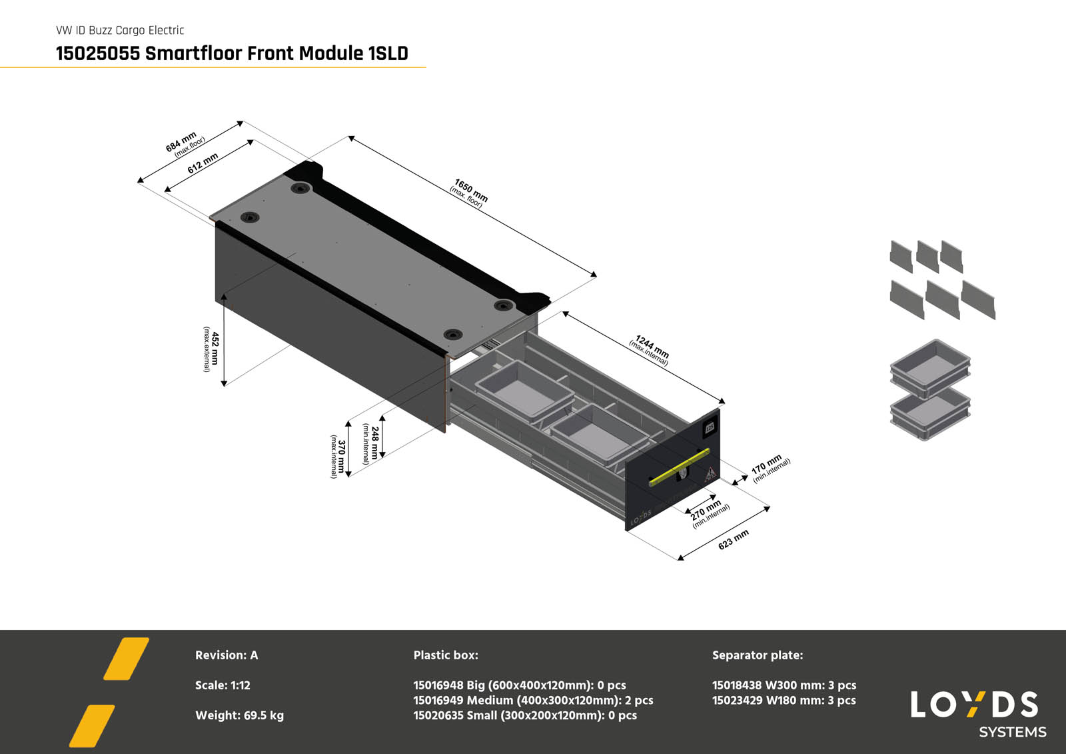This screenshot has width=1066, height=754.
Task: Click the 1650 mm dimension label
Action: tap(470, 191)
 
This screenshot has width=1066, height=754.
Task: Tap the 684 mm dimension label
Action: tap(181, 142)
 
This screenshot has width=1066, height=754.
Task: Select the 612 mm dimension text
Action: tap(203, 163)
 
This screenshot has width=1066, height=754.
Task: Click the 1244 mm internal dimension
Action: tap(652, 347)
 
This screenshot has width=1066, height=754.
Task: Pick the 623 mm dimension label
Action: tap(733, 539)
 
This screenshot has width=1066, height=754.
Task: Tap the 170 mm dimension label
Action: tap(767, 465)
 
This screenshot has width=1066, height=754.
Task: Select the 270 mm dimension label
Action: tap(706, 511)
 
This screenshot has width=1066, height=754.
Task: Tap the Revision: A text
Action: tap(227, 655)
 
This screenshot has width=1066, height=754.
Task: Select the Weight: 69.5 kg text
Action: tap(239, 715)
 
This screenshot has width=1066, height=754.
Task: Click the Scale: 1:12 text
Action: tap(223, 685)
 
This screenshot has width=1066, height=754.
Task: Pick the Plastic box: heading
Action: tap(446, 655)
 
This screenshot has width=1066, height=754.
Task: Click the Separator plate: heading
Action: tap(758, 655)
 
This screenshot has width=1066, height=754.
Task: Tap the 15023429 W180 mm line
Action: tap(784, 701)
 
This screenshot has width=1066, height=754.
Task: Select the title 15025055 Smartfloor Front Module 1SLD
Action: tap(232, 53)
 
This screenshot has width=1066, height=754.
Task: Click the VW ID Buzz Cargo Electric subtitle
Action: tap(120, 30)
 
